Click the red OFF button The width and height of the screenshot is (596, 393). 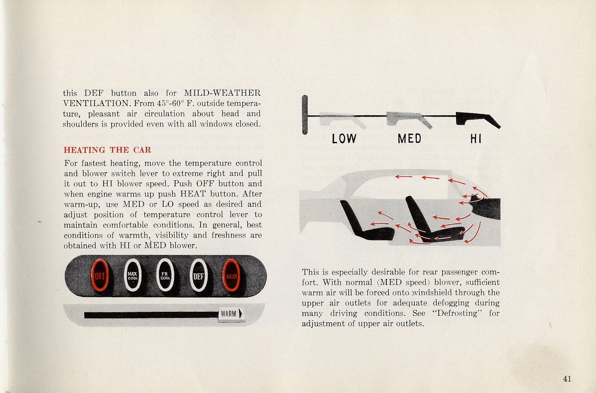[99, 275]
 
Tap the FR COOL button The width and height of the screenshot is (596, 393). [165, 275]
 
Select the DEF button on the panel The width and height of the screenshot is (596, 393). [199, 275]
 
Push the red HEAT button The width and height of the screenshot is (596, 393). [231, 275]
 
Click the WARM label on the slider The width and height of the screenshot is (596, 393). [230, 314]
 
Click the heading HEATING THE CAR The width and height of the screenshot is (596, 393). [108, 150]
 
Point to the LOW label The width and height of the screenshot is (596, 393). [344, 139]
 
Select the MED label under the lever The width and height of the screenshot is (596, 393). [409, 139]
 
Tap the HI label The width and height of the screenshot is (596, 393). [476, 139]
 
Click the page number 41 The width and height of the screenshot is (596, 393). [567, 379]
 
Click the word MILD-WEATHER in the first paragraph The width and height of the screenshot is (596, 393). [222, 93]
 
